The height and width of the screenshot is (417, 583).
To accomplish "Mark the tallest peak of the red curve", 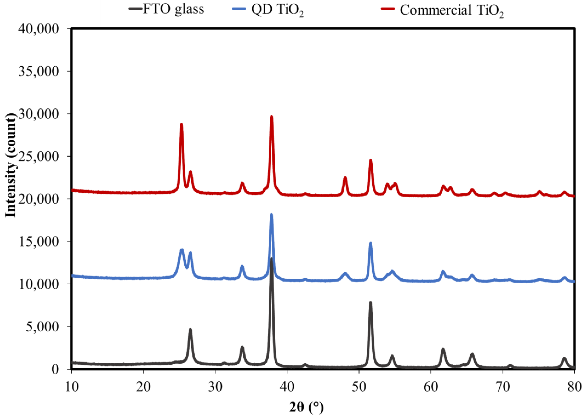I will [x=272, y=116].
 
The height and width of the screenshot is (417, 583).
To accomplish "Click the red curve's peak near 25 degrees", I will [x=181, y=124].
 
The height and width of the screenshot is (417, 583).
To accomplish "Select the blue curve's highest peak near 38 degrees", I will [x=272, y=214].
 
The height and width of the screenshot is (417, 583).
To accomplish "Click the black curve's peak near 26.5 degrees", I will [x=190, y=329].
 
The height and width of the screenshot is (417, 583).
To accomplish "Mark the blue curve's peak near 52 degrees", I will [x=370, y=243].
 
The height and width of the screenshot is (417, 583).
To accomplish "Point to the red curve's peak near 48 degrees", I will [x=345, y=177].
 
